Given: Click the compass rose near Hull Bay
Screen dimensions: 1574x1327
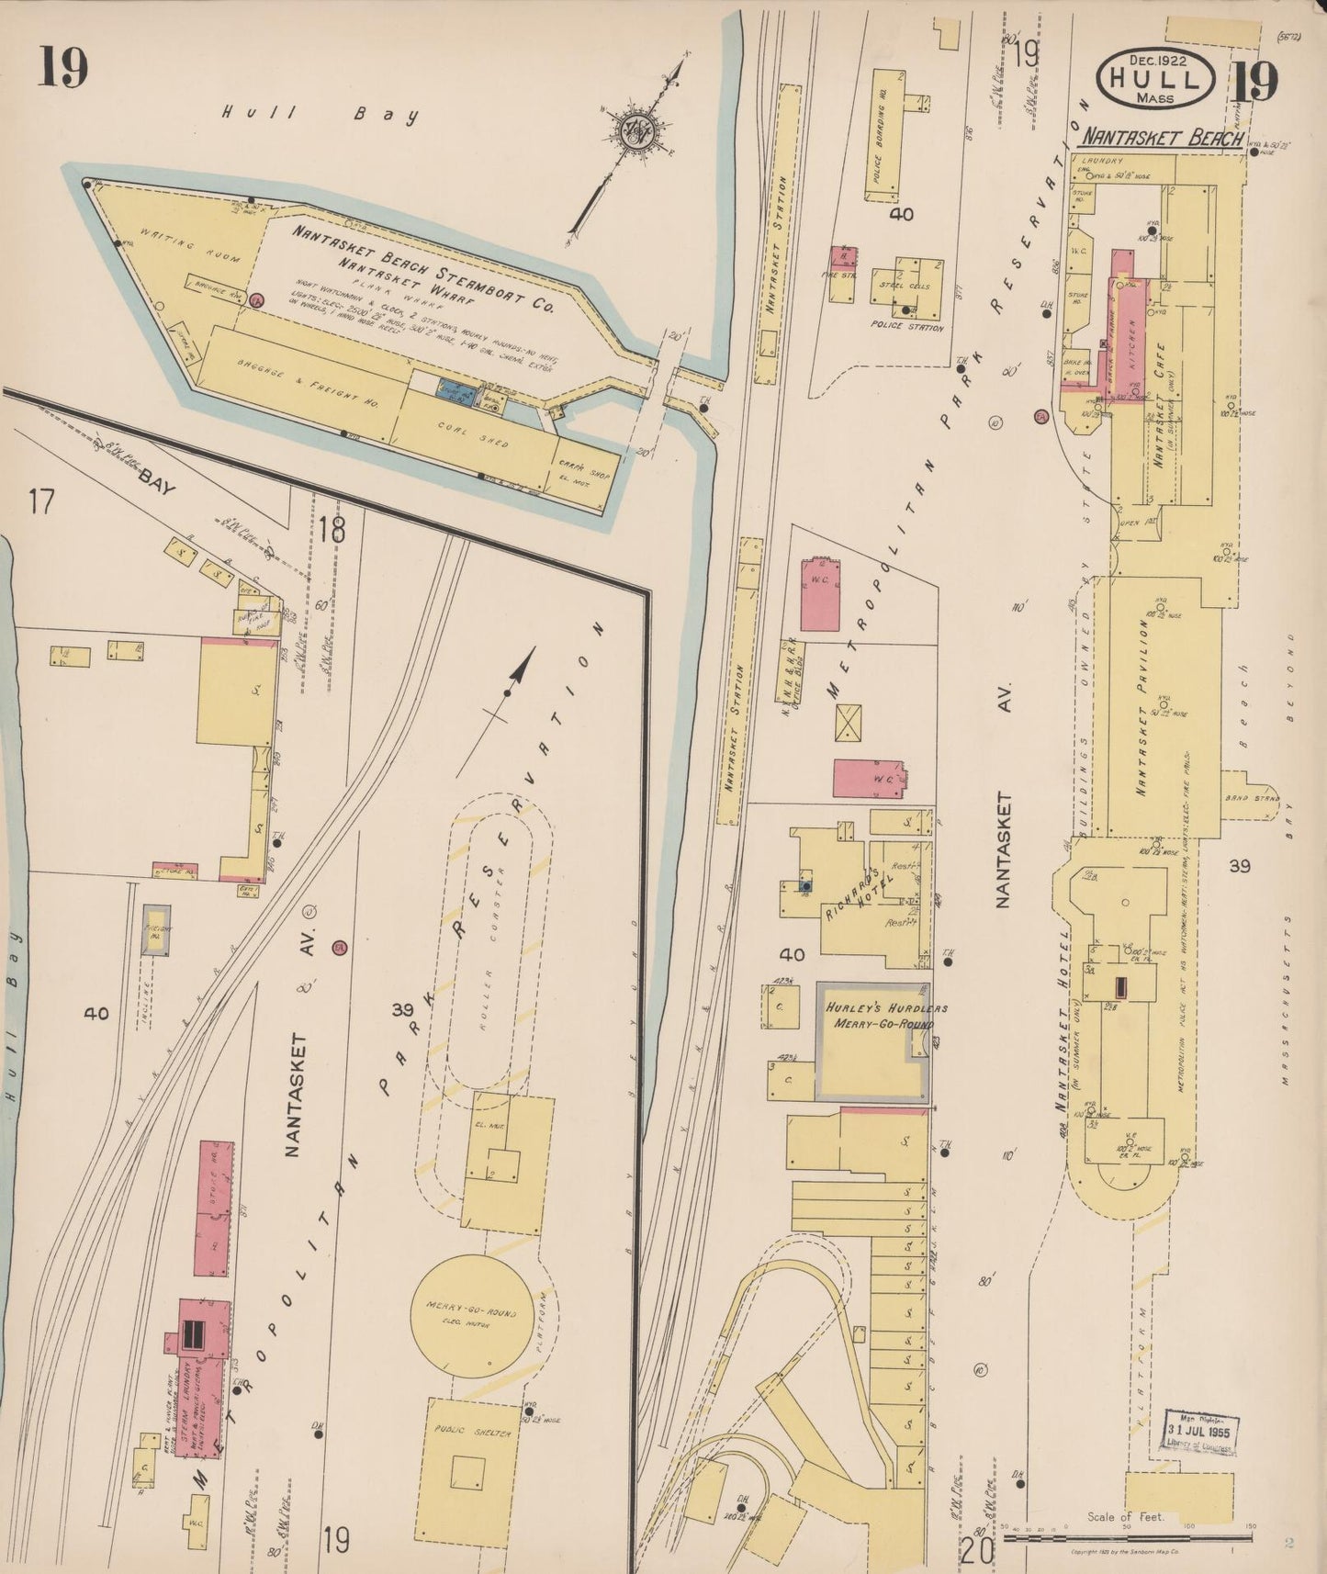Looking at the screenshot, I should pos(635,129).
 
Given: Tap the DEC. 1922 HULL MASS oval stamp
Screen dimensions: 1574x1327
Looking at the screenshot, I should pos(1156,78).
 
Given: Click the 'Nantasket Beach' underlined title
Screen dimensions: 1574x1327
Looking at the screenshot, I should pos(1162,138).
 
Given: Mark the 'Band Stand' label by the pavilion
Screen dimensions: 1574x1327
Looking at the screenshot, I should pos(1246,797).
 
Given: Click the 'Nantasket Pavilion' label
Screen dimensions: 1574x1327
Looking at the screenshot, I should pos(1143,707).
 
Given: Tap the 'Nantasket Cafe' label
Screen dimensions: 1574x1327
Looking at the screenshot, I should pos(1160,405).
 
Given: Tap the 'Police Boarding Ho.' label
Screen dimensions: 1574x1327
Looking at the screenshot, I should pos(880,142).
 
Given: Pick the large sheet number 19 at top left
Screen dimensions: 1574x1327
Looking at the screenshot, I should pos(62,67).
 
